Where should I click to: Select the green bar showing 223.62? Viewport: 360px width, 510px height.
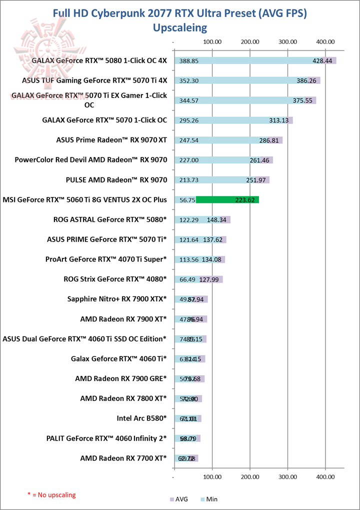pos(227,200)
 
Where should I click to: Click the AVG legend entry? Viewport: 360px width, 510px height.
pos(179,498)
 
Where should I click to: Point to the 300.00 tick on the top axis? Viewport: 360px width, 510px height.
pos(287,41)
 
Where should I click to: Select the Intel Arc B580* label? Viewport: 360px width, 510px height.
pos(141,418)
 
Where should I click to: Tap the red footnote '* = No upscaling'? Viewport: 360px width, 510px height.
pos(51,494)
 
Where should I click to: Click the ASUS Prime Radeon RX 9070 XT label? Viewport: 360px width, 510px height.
pos(111,140)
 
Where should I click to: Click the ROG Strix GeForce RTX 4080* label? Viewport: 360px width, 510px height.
pos(115,279)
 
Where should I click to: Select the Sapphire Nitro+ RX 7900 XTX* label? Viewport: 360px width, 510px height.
pos(117,299)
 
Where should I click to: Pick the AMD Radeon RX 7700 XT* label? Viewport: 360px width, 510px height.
pos(123,458)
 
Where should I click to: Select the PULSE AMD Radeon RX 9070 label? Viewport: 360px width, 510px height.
pos(116,179)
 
